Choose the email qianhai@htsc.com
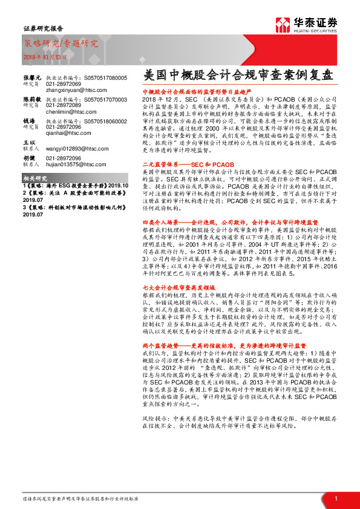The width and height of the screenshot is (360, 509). point(64,134)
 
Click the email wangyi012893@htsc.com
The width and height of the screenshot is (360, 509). point(71,148)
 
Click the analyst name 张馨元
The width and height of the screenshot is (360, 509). point(31,78)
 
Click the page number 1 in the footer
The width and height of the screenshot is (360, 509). point(336,498)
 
